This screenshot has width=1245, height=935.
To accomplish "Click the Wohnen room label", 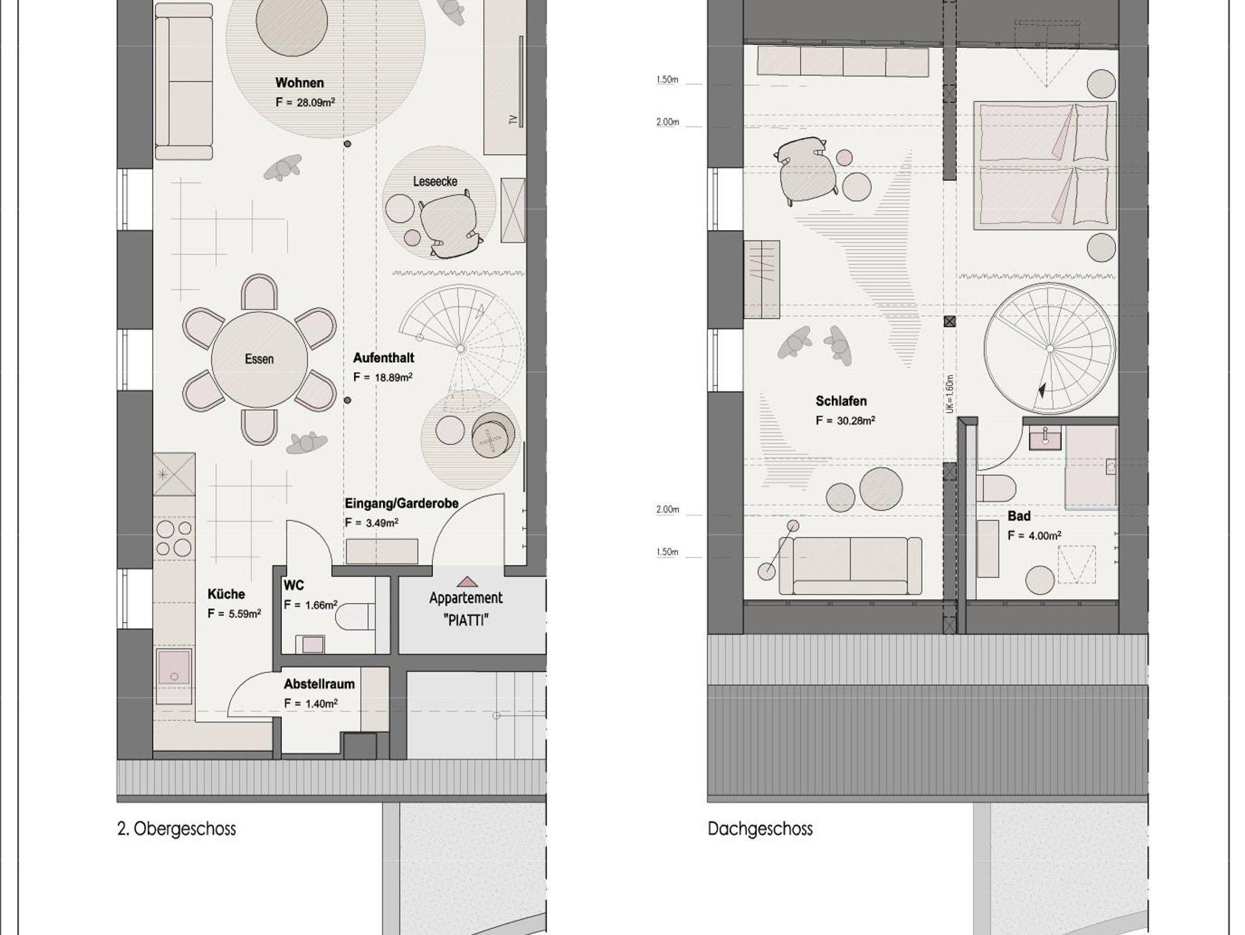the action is pos(299,83).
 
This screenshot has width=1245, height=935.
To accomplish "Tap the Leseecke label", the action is pos(435,181).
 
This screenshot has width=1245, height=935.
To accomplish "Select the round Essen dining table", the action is pos(260,359).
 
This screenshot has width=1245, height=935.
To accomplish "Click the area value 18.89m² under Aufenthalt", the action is pos(393,378).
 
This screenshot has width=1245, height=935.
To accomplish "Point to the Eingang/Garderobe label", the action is pos(402,503).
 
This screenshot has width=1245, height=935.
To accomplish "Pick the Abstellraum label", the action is pos(319,684).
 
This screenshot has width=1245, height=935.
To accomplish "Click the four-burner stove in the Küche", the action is pos(174,538).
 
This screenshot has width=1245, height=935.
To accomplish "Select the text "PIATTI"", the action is pos(466,620).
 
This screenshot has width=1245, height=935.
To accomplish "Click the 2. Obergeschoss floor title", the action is pos(176,829).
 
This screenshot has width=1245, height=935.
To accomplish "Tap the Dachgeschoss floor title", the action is pos(760,829).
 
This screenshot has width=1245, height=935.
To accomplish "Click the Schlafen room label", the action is pos(841,401).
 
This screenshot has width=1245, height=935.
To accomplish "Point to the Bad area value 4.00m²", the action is pos(1044,536).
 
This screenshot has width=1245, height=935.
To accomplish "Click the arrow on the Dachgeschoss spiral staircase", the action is pos(1043,390).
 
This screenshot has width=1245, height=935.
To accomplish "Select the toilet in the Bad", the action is pos(996,488).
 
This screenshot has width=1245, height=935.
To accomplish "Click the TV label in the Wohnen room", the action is pos(514,120).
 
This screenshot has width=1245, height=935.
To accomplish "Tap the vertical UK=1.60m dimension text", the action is pos(950,394).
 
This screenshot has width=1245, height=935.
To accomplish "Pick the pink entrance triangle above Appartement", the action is pos(466,582).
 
